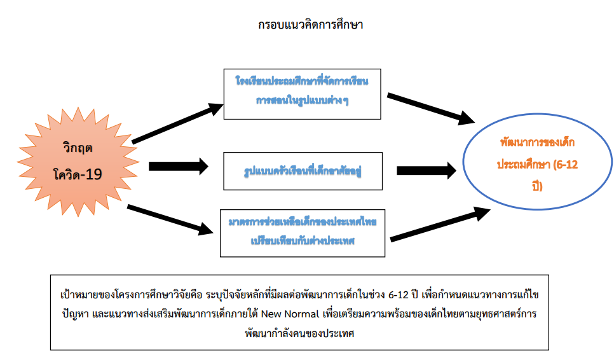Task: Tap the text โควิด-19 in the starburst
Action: (78, 174)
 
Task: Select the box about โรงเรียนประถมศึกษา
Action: (302, 93)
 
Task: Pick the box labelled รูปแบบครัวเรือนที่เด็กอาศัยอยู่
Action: (302, 171)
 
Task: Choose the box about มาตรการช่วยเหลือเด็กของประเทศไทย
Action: (302, 233)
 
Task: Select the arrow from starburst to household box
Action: (178, 167)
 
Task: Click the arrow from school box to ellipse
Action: (430, 108)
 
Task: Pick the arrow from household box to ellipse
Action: (426, 170)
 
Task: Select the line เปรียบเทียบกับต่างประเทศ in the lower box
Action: (303, 241)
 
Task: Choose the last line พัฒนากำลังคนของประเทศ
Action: (299, 333)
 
